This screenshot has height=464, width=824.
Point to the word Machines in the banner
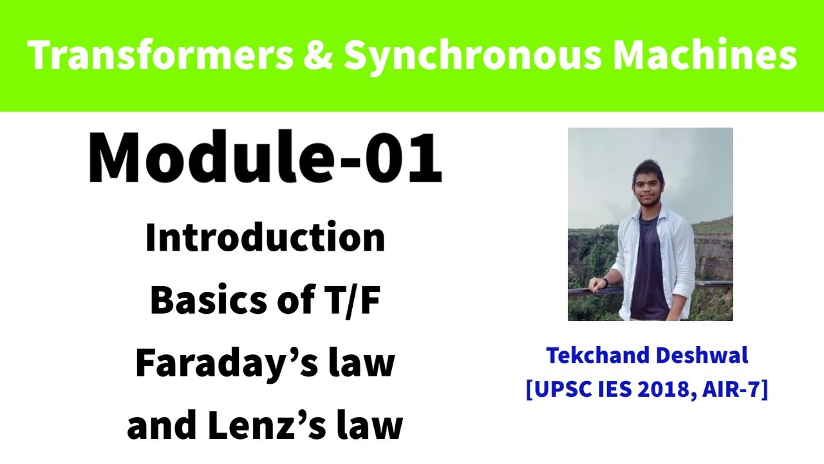click(x=705, y=56)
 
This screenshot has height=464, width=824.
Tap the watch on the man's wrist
click(x=605, y=282)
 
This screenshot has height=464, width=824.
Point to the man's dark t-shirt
click(x=649, y=271)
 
